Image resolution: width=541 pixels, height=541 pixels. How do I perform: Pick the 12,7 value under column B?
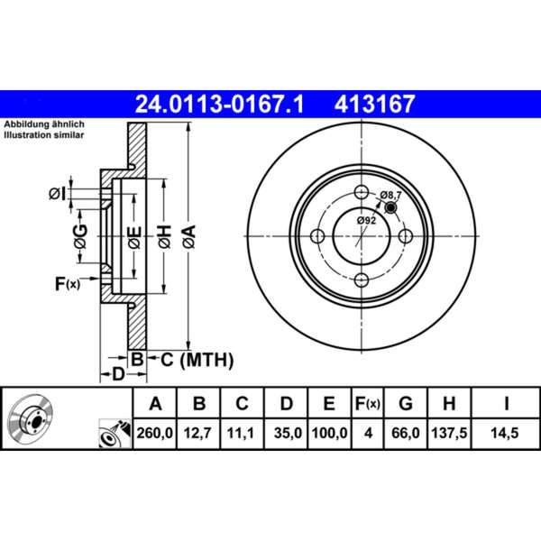[200, 433]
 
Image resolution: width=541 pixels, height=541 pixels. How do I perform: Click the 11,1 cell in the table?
[243, 433]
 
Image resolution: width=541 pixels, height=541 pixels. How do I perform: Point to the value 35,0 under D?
[287, 433]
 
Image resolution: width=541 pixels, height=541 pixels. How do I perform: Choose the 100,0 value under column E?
[330, 433]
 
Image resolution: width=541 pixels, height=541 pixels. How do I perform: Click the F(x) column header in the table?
[368, 403]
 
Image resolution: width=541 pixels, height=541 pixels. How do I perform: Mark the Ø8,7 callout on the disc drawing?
[392, 195]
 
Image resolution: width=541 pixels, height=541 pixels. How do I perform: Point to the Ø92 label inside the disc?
[365, 219]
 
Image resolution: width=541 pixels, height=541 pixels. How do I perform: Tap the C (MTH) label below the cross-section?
[191, 361]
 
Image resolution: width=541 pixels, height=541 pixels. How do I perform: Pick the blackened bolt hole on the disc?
[391, 208]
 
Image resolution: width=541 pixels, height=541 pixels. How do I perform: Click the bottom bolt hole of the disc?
[360, 280]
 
